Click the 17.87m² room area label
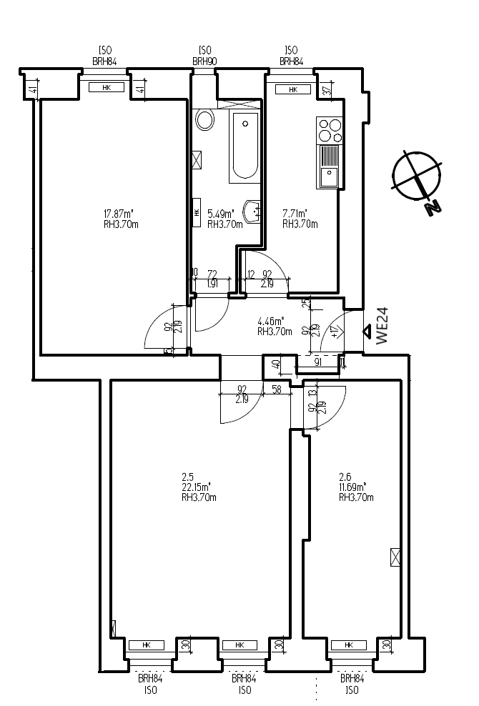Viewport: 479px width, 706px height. [120, 214]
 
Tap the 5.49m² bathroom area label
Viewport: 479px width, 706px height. [221, 214]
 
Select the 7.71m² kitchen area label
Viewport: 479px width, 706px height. [295, 214]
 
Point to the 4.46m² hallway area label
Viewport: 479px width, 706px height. [271, 321]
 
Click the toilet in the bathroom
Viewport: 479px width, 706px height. [205, 119]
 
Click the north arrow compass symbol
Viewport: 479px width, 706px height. [416, 176]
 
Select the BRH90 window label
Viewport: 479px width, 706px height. [204, 62]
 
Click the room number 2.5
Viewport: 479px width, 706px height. [189, 476]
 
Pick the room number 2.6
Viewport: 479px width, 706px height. [345, 476]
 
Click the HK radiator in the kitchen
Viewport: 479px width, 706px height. [292, 90]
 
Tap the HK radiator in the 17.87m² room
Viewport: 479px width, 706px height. [107, 88]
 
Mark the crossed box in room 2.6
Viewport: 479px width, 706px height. [395, 557]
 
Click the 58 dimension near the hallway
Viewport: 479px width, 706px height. [276, 389]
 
